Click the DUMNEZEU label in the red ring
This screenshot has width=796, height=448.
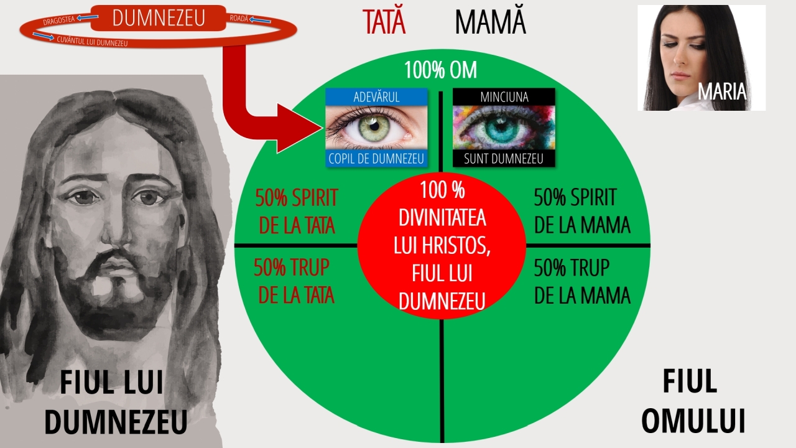(159, 18)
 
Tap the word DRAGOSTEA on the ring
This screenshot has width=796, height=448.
(58, 21)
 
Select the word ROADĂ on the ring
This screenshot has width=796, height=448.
(239, 18)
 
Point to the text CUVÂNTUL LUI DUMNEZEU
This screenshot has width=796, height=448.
(92, 41)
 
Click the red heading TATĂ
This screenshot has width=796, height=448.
(384, 21)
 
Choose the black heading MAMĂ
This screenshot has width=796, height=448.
(491, 21)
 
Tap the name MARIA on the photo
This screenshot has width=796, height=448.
(722, 91)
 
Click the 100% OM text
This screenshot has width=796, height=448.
(441, 70)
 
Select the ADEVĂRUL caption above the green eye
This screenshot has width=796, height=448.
(376, 97)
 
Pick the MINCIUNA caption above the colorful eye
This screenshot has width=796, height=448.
(504, 97)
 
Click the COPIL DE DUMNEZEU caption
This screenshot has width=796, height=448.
(376, 159)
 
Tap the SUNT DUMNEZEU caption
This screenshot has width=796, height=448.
(504, 159)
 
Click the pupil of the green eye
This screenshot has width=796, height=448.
(374, 126)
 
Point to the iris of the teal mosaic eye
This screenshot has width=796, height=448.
(501, 129)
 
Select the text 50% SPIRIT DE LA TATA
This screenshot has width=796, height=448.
(297, 211)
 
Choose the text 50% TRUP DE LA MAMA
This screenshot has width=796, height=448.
(582, 281)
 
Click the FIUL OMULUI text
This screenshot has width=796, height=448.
(693, 401)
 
